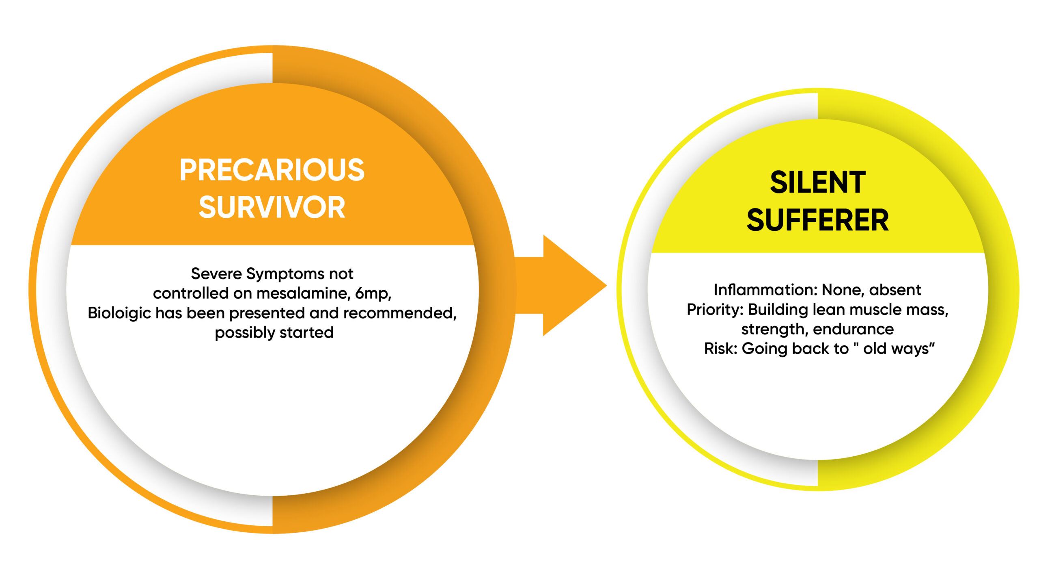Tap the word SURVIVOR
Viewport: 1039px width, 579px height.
pyautogui.click(x=272, y=207)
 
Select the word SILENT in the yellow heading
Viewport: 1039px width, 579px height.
pyautogui.click(x=818, y=182)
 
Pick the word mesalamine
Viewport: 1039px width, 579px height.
pyautogui.click(x=303, y=293)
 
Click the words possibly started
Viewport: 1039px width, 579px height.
pyautogui.click(x=274, y=333)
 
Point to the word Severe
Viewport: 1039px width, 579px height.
pyautogui.click(x=216, y=274)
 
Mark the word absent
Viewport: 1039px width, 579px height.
pyautogui.click(x=895, y=290)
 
